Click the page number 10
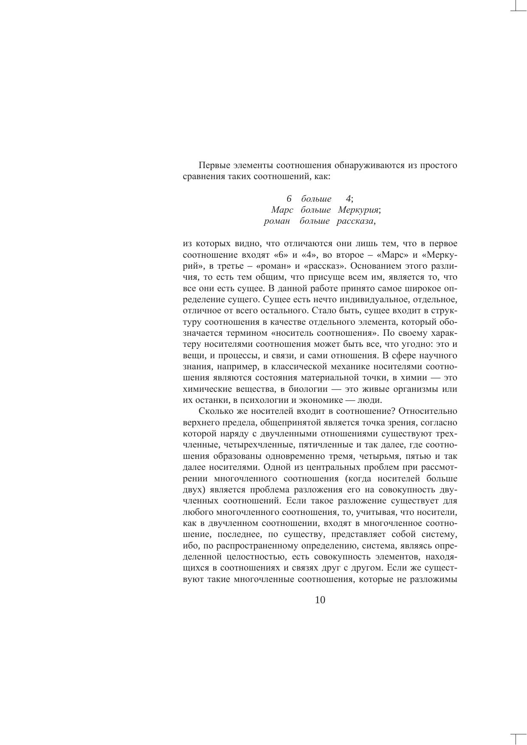tap(320, 600)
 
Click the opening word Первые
tap(214, 165)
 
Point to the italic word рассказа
tap(355, 221)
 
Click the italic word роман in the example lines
tap(276, 221)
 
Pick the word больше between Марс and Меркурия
tap(316, 210)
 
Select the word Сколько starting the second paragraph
tap(214, 411)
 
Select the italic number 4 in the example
tap(349, 199)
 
